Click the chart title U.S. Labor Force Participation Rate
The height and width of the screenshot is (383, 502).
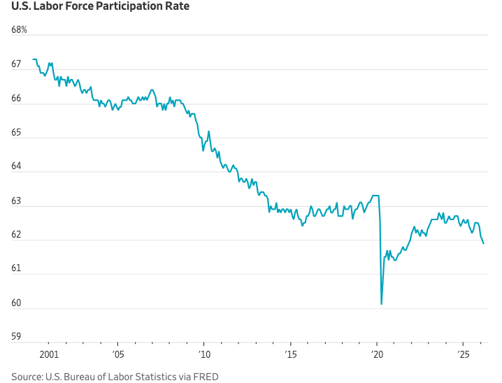tap(100, 7)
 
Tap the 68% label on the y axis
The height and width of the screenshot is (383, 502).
tap(19, 30)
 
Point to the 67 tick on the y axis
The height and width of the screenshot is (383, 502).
tap(16, 64)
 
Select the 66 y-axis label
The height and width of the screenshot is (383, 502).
tap(16, 99)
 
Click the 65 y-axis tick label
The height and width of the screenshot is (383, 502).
tap(16, 133)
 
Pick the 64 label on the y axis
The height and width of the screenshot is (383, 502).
tap(16, 167)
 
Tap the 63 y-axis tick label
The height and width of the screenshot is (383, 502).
tap(16, 201)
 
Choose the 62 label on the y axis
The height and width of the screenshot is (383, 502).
tap(16, 236)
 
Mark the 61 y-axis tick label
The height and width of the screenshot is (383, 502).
tap(16, 269)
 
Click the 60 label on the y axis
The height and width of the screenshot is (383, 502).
tap(16, 303)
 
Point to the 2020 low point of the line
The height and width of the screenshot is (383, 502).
tap(381, 304)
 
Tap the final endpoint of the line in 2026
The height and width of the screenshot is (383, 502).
tap(484, 243)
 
